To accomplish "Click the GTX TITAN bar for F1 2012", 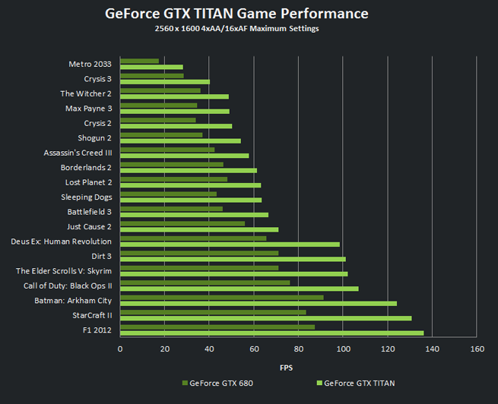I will [x=271, y=333].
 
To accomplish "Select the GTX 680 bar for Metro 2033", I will [x=139, y=61].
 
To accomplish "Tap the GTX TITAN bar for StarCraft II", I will [x=265, y=318].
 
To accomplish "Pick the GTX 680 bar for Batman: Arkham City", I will [x=221, y=297].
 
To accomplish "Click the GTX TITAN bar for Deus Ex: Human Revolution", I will [x=230, y=245].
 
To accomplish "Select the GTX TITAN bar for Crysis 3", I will [x=164, y=82].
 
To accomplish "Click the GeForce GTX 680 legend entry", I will [x=217, y=383].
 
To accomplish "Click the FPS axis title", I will [x=287, y=368].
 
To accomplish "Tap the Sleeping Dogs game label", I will [x=87, y=197].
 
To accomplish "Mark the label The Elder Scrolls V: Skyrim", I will [x=64, y=271].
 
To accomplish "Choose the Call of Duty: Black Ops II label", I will [x=68, y=286].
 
